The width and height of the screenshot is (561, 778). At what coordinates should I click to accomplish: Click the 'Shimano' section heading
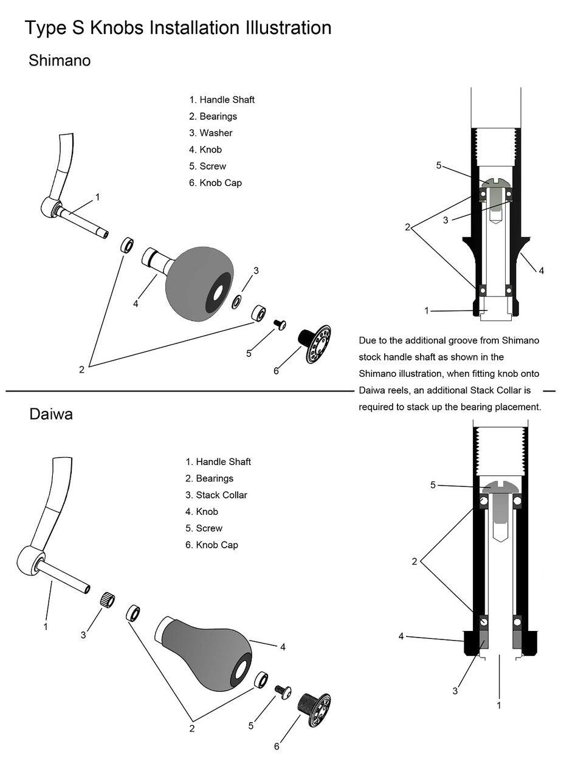point(60,61)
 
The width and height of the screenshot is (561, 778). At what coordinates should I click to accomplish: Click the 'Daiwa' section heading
point(51,415)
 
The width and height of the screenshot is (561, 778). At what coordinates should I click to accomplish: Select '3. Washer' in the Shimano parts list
point(210,133)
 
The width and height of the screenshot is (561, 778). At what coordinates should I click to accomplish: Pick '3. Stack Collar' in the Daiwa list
point(216,495)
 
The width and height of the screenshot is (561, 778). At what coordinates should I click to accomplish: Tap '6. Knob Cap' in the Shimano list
point(215,183)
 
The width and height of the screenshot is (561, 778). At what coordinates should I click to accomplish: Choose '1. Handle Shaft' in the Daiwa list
point(218,462)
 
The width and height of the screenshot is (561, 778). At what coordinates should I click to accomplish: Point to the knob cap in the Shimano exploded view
point(315,344)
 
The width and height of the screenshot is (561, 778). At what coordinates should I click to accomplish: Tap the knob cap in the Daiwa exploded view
point(314,709)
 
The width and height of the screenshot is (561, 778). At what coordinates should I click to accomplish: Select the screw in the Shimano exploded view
point(280,325)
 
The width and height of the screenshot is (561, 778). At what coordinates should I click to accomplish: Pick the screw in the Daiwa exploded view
point(283,691)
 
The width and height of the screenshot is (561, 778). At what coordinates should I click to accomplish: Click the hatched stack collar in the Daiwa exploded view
point(108,599)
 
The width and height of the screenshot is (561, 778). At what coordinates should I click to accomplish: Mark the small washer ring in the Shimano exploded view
point(236,301)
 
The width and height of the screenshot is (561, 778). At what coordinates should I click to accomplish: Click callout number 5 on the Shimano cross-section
point(439,165)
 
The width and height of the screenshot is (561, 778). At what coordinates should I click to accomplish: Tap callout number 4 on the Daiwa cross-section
point(401,636)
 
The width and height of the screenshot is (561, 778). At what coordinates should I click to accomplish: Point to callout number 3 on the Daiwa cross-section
point(455,691)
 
